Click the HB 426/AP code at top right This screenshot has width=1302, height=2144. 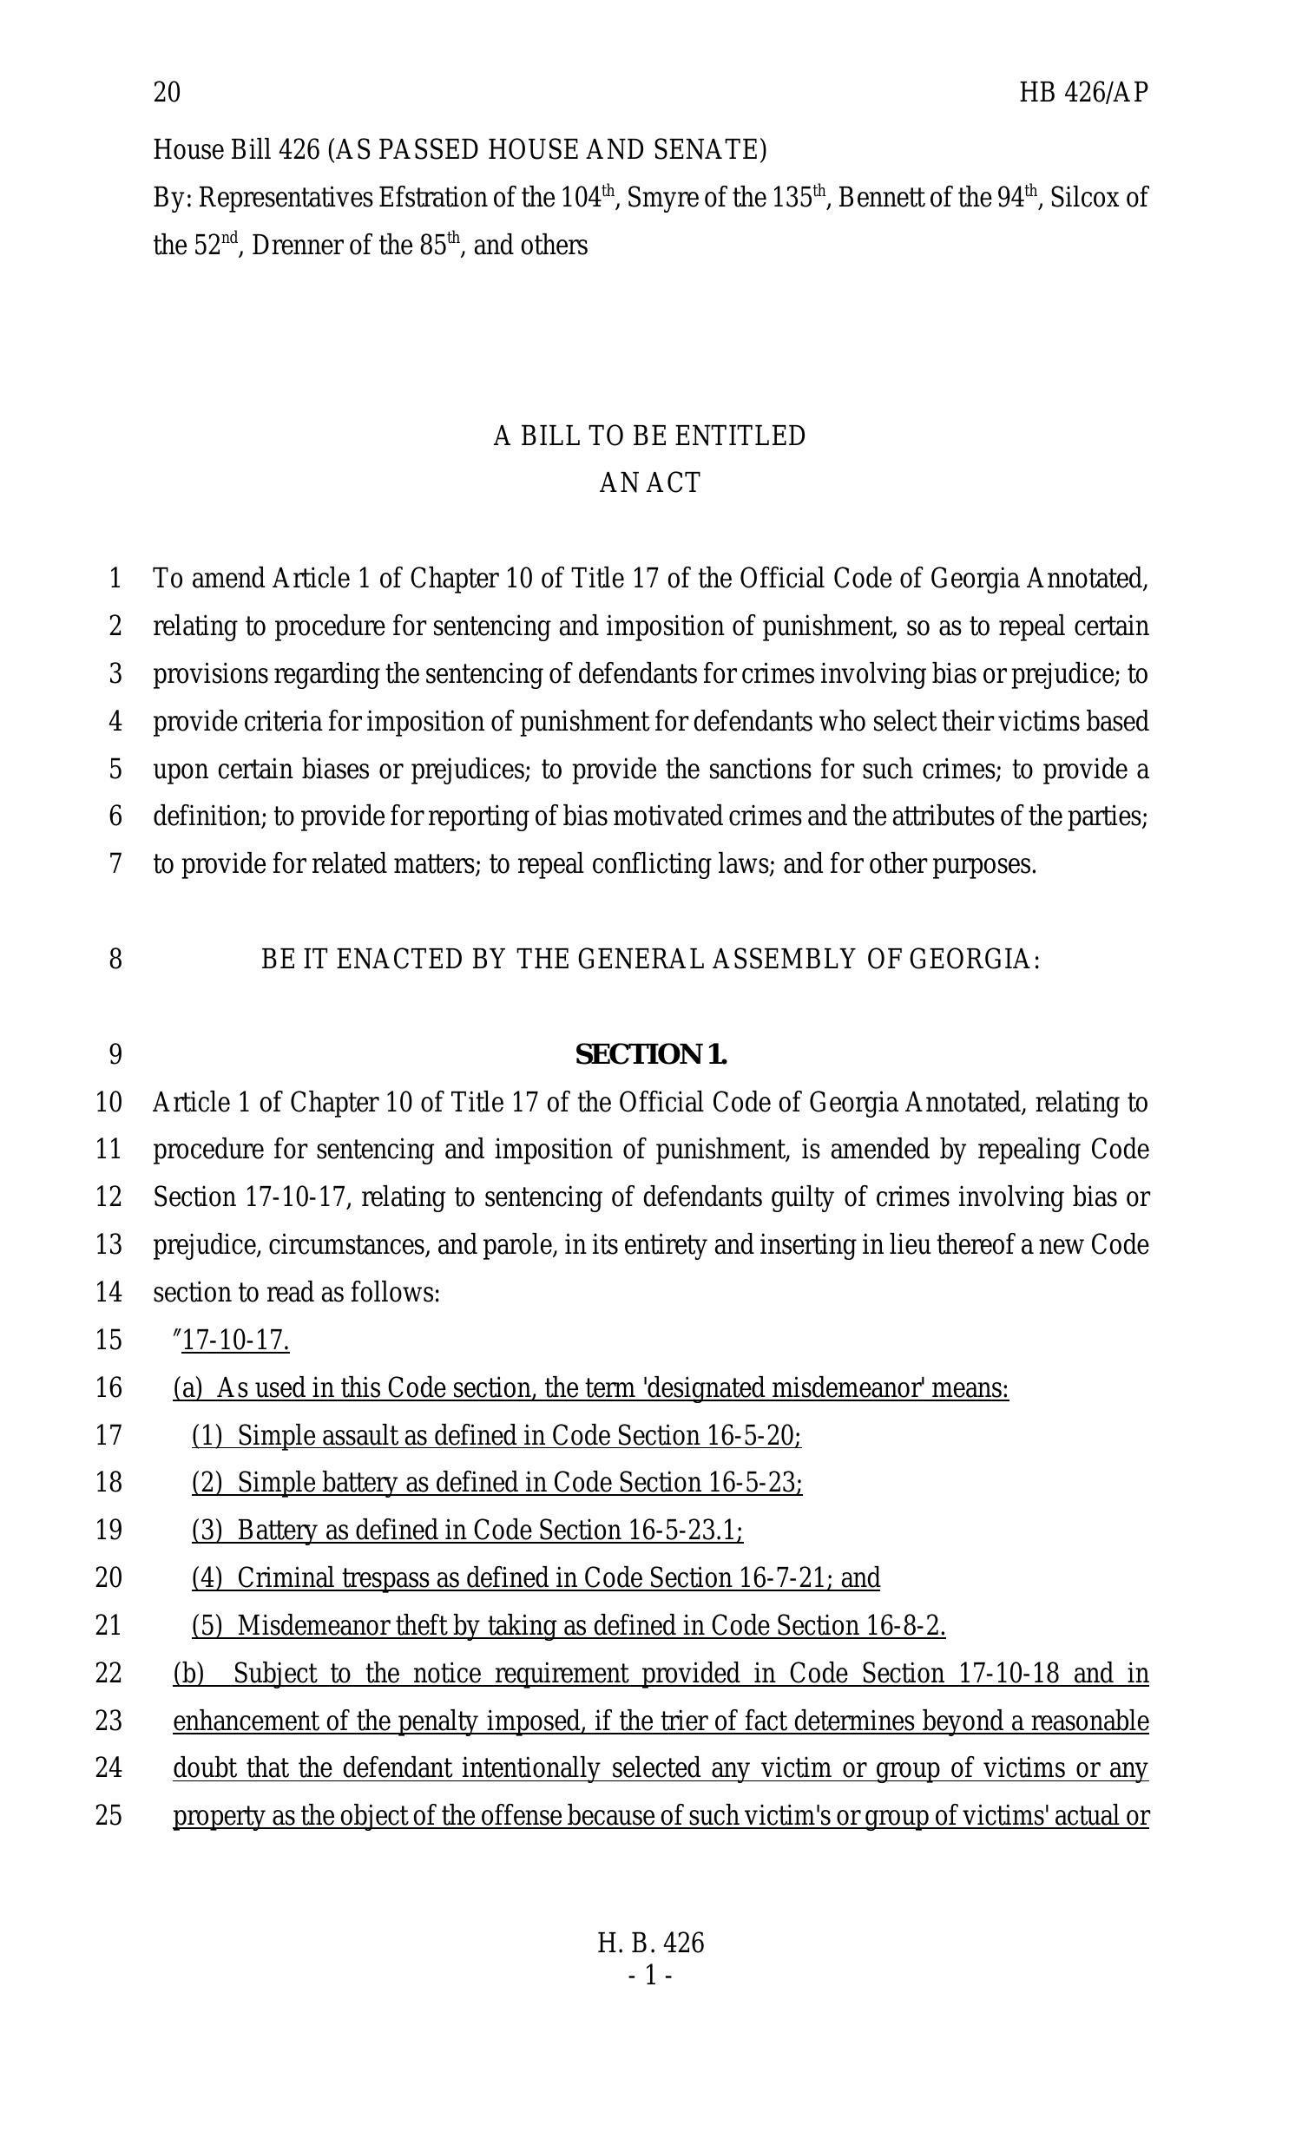(1082, 92)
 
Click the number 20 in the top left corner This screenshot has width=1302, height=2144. (167, 92)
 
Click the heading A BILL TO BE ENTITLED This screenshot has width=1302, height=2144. (649, 436)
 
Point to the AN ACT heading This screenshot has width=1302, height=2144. (649, 483)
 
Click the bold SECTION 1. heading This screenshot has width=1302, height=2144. (650, 1054)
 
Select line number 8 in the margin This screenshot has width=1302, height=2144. (115, 960)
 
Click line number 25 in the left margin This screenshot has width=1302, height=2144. (108, 1816)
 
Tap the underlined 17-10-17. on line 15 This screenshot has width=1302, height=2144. (235, 1341)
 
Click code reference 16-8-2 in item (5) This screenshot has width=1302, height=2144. (906, 1625)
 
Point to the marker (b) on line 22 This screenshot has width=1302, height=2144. (188, 1673)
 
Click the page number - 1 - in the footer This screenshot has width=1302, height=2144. (650, 1977)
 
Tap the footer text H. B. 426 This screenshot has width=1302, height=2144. (650, 1943)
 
